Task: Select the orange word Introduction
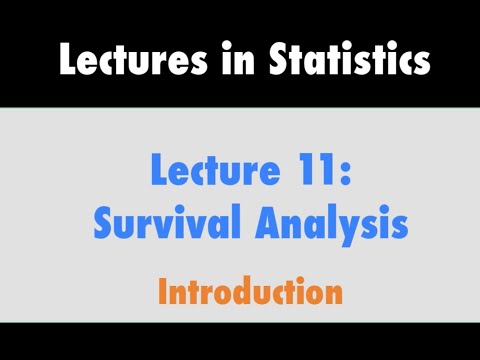point(250,292)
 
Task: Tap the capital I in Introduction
point(163,292)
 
